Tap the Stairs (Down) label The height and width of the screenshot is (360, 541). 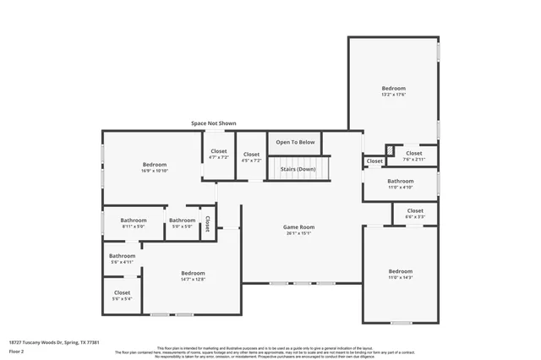tap(298, 169)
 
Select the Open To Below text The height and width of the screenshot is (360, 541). tap(295, 142)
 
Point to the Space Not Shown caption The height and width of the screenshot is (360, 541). tap(213, 123)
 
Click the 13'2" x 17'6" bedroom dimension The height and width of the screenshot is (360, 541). tap(394, 95)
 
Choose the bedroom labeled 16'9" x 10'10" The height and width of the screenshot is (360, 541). tap(155, 167)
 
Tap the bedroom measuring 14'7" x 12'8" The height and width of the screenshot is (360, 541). tap(193, 275)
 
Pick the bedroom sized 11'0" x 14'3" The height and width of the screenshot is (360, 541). tap(400, 275)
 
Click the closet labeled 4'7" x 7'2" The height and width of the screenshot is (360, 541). tap(219, 155)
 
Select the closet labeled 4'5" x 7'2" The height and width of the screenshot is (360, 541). tap(251, 157)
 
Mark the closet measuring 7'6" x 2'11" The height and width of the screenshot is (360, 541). tap(413, 156)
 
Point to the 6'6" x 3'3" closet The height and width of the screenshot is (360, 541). tap(415, 214)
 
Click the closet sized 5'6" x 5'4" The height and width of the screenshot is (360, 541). tap(122, 296)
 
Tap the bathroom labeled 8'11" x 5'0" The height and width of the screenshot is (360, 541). tap(134, 224)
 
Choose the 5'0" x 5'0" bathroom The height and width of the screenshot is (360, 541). tap(182, 224)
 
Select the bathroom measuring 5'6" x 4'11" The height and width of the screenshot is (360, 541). tap(122, 259)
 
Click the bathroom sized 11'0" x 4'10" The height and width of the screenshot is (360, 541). tap(401, 184)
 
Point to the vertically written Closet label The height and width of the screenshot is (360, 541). tap(207, 223)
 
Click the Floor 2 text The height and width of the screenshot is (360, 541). tap(16, 350)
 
